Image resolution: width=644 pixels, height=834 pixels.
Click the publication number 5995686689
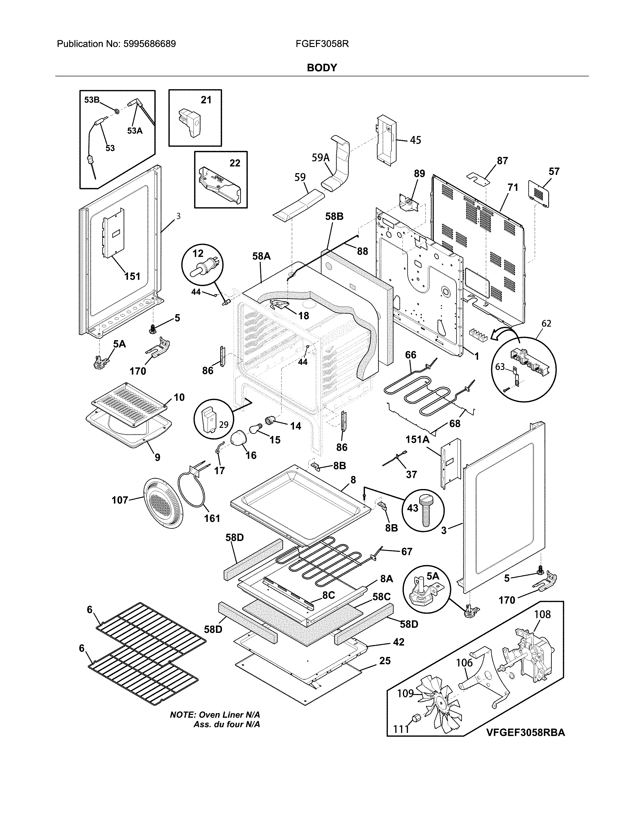pos(149,44)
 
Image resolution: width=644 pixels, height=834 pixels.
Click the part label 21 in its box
pos(206,100)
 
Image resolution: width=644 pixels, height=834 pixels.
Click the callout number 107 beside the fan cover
pos(119,500)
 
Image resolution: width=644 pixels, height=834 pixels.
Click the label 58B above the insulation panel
pos(334,217)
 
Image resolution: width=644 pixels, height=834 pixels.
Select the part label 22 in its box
pos(235,163)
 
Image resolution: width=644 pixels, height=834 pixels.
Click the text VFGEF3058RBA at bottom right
pos(525,732)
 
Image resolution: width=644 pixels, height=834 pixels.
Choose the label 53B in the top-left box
pos(92,100)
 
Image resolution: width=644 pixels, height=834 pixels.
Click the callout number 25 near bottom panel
pos(385,661)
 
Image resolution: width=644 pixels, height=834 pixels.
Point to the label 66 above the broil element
pos(410,355)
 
